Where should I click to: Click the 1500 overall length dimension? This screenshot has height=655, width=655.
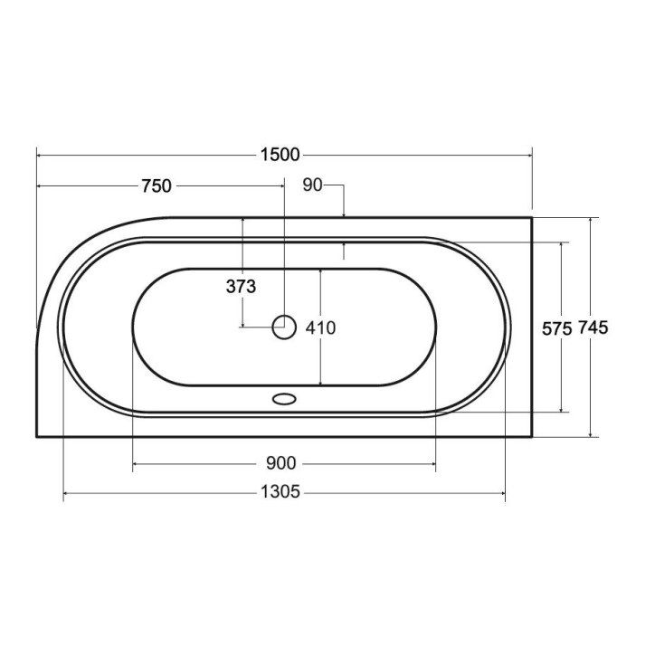click(x=280, y=155)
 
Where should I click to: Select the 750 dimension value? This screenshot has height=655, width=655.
click(x=157, y=185)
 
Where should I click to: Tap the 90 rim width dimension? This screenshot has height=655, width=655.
click(x=312, y=185)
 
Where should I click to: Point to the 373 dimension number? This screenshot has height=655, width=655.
click(x=241, y=287)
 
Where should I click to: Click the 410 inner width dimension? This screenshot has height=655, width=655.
click(x=320, y=327)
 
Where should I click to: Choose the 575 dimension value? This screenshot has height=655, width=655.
click(x=556, y=329)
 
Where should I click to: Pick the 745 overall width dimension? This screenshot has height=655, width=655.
click(x=593, y=327)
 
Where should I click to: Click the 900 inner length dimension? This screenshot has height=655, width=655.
click(x=280, y=463)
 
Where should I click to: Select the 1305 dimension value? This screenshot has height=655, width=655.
click(x=280, y=492)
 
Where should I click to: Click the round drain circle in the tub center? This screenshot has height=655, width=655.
click(x=284, y=327)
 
